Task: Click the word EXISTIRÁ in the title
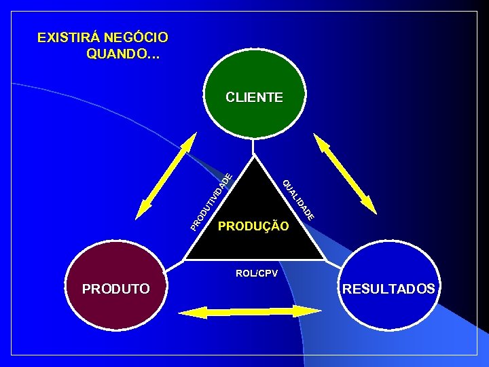click(x=64, y=37)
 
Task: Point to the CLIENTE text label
click(x=254, y=97)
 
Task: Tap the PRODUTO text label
click(x=115, y=289)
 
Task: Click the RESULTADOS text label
click(x=388, y=289)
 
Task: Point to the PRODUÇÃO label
click(x=253, y=225)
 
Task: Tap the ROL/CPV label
click(x=252, y=273)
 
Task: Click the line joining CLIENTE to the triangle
click(x=253, y=147)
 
